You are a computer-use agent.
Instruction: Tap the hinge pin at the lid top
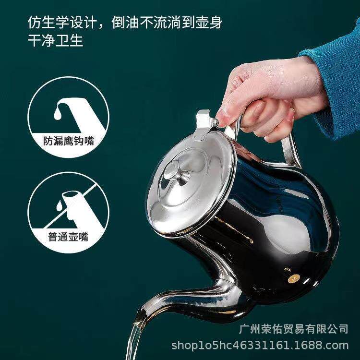point(216,121)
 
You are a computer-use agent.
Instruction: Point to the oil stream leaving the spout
point(134,340)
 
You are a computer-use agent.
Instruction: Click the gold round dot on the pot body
point(294,279)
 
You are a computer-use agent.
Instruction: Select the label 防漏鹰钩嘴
point(69,141)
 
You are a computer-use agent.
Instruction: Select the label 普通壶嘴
point(69,237)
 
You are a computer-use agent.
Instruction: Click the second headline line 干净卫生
point(55,40)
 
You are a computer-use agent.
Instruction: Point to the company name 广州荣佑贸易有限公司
point(294,329)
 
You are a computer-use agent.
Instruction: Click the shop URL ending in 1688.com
point(260,346)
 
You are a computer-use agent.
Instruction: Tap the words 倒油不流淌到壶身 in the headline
point(167,23)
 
